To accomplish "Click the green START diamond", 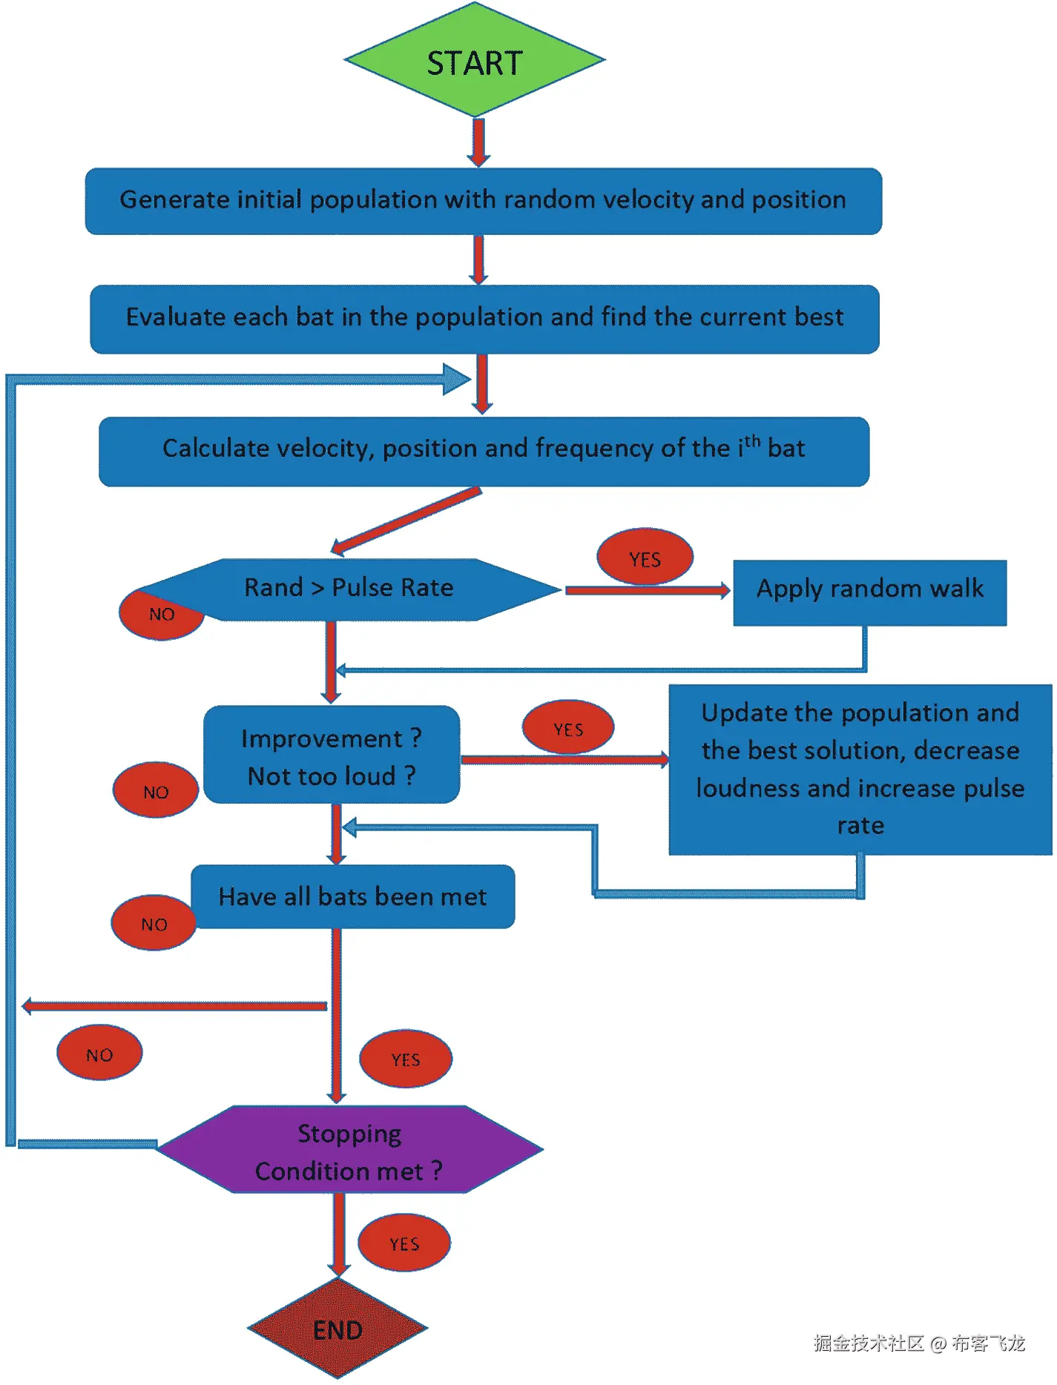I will point(475,61).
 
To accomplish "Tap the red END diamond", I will point(337,1329).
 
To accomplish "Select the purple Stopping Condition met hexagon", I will point(349,1150).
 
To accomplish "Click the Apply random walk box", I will point(869,592).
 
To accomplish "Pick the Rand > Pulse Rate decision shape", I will point(349,589).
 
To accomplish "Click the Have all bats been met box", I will point(352,896).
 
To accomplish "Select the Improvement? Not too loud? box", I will point(332,755).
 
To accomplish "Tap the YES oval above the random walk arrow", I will point(645,558).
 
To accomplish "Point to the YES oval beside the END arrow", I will point(404,1243).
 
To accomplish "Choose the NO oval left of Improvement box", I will point(156,790).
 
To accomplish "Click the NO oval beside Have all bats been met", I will point(154,923).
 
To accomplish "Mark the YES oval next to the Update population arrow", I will point(568,728).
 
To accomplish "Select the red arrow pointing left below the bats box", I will point(174,1006).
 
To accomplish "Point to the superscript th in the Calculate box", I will point(752,441).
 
